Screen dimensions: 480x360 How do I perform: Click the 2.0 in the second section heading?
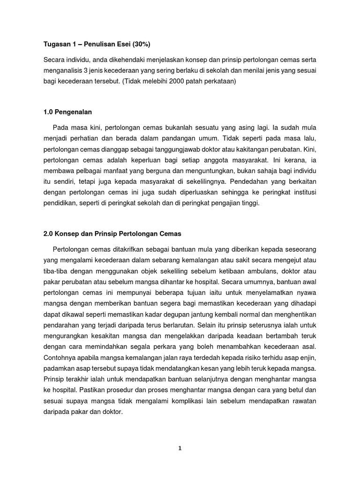click(x=48, y=233)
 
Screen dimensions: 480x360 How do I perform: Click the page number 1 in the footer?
click(x=180, y=448)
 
